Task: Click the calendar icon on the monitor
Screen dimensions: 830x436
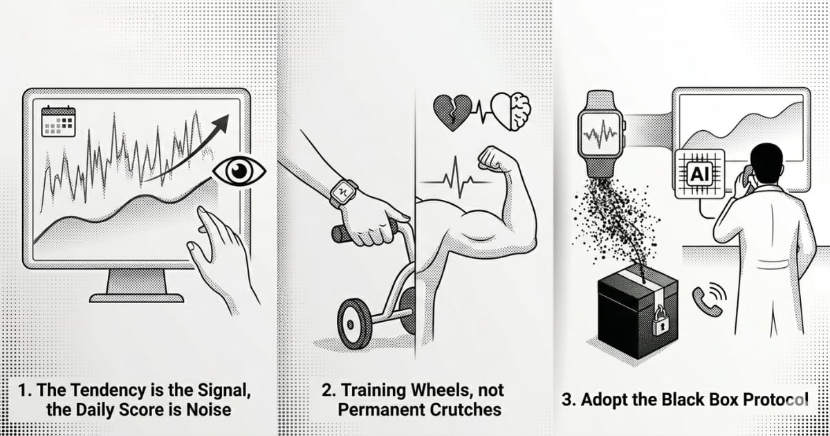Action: click(59, 121)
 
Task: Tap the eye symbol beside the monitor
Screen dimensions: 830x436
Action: click(239, 171)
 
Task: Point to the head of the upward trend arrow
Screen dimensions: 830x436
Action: click(221, 123)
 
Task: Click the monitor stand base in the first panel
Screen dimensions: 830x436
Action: click(137, 298)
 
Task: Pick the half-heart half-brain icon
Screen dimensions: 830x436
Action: click(511, 111)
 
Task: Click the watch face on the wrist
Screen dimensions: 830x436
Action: click(344, 193)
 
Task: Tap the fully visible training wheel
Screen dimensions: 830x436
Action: click(354, 324)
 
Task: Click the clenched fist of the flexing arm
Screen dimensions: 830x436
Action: click(495, 158)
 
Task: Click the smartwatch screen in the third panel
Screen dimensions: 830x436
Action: click(600, 134)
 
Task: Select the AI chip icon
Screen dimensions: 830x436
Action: click(700, 174)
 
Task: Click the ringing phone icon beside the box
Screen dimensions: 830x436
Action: click(709, 300)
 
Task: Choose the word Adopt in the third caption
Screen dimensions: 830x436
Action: click(602, 401)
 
